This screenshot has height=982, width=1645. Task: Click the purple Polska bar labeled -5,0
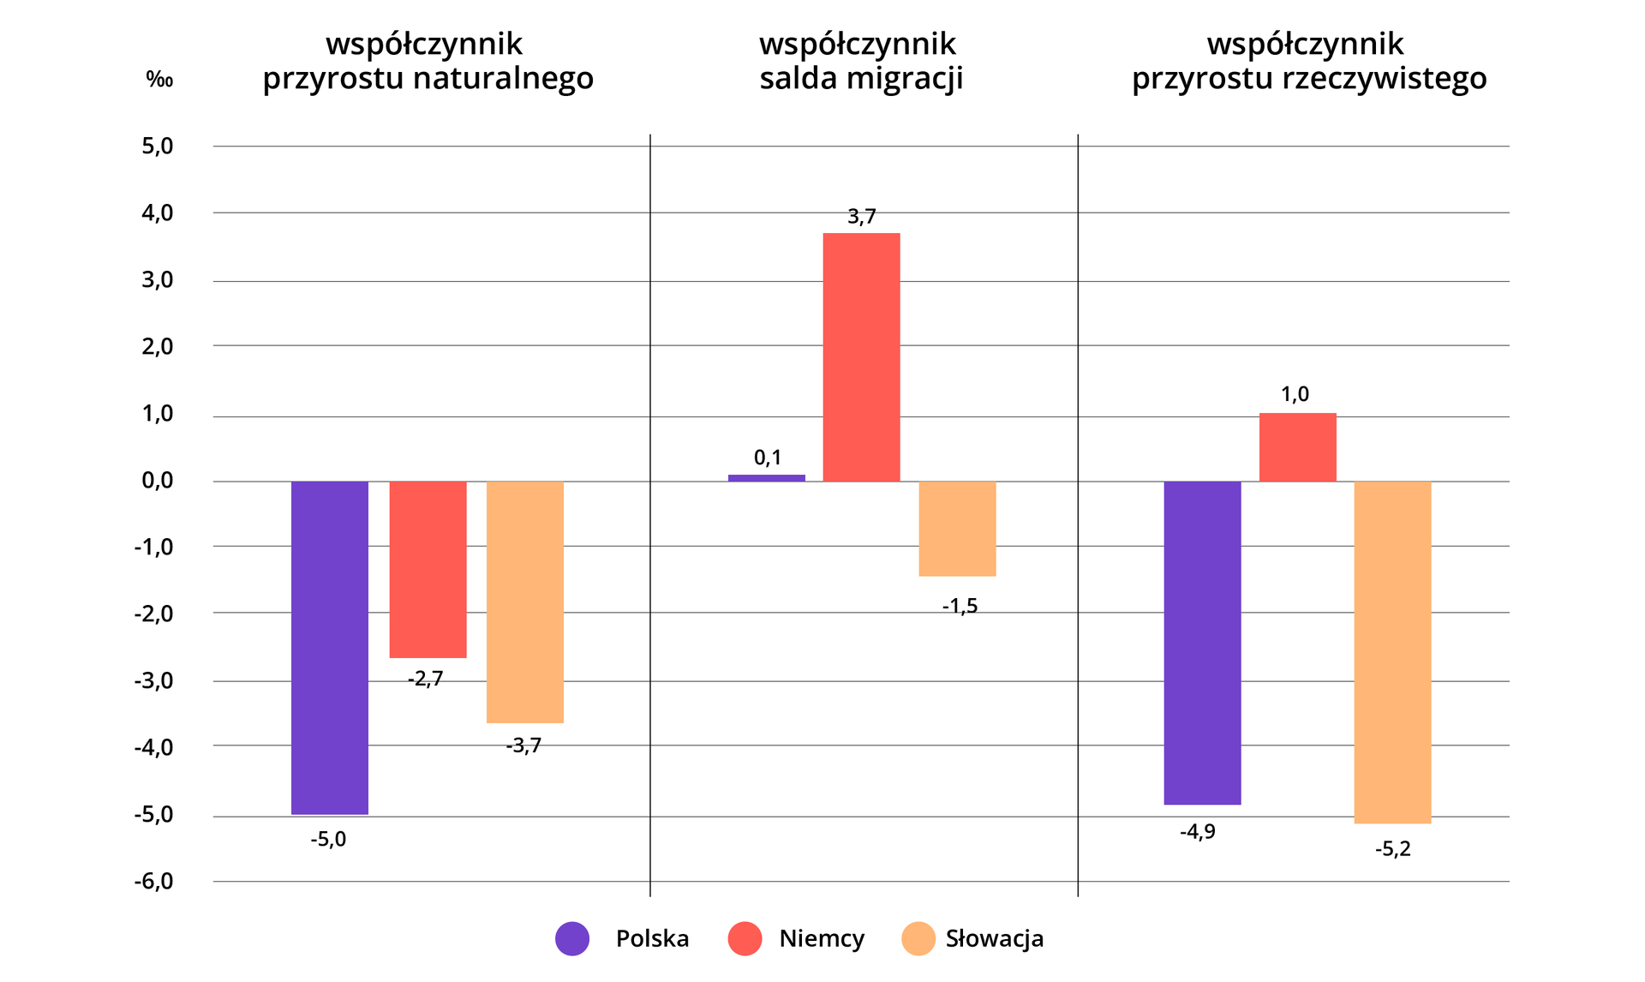pos(330,647)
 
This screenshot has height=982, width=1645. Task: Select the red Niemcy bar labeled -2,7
pos(428,569)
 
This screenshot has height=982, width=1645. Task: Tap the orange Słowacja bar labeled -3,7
pos(525,602)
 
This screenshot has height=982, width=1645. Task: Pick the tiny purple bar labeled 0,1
pos(767,477)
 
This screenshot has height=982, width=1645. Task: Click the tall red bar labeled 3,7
pos(861,356)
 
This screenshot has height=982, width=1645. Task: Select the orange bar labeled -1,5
pos(957,528)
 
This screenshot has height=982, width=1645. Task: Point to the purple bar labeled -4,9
pos(1202,643)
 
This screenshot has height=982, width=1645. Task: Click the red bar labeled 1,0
pos(1297,446)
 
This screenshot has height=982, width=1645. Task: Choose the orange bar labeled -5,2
pos(1392,652)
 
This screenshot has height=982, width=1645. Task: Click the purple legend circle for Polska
pos(572,938)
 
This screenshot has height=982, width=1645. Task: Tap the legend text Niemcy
pos(822,938)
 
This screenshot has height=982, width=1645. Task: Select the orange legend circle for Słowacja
pos(918,938)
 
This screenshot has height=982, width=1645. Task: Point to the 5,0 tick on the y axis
pos(158,147)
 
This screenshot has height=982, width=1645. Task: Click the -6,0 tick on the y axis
pos(153,882)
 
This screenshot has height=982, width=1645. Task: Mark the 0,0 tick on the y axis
pos(158,481)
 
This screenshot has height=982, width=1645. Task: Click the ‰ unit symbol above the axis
pos(159,80)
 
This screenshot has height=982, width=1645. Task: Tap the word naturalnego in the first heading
pos(503,79)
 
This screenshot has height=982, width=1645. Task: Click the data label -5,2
pos(1392,849)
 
